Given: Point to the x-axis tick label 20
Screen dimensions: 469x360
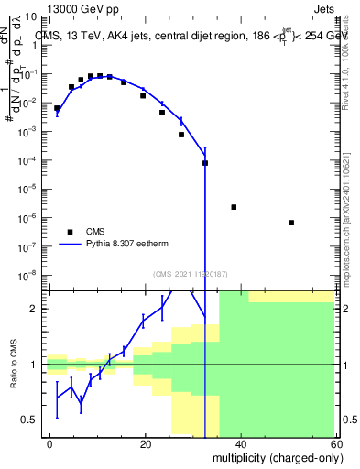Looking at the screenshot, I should tap(145, 444).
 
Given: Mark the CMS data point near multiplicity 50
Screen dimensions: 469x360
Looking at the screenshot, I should tap(290, 223).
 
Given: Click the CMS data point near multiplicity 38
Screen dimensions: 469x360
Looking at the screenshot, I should tap(234, 207).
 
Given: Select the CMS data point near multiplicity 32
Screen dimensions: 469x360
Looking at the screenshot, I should tap(205, 163).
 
